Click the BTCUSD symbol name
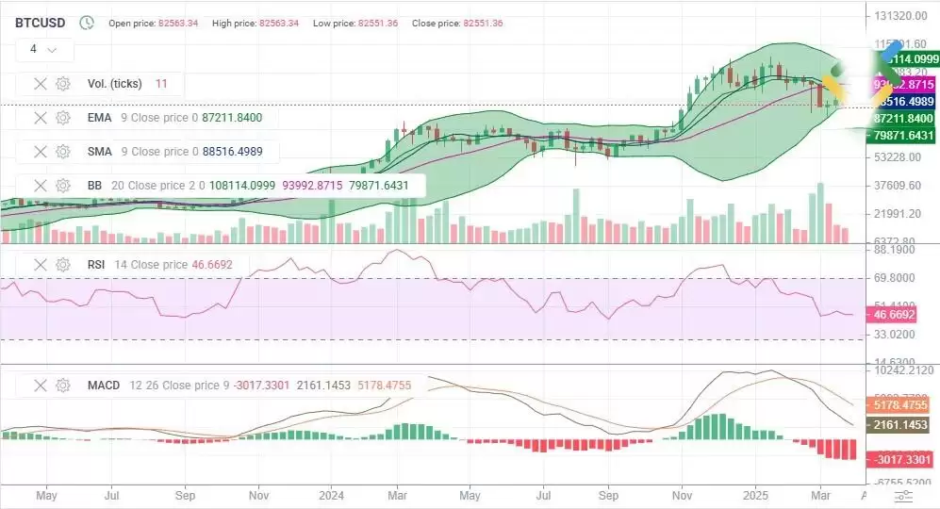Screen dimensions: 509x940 coord(40,22)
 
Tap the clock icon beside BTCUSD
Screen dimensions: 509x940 coord(87,22)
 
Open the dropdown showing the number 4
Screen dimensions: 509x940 coord(43,49)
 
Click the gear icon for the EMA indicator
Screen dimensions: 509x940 coord(63,118)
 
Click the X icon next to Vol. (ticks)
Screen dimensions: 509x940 coord(41,84)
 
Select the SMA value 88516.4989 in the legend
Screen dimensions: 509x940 coord(227,152)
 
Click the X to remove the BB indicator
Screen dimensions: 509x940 coord(41,186)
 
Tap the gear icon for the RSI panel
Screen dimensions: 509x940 coord(63,265)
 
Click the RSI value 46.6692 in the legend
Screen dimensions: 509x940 coord(212,265)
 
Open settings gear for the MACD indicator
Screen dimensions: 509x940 coord(63,386)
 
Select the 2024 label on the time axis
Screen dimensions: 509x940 coord(331,494)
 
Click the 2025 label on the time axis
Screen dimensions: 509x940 coord(755,494)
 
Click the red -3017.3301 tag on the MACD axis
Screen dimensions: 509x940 coord(902,459)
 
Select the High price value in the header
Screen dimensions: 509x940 coord(268,23)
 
